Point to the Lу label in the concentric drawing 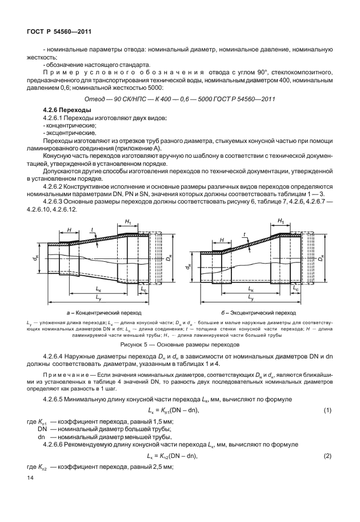[100, 298]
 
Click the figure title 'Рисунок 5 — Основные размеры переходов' [179, 345]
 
